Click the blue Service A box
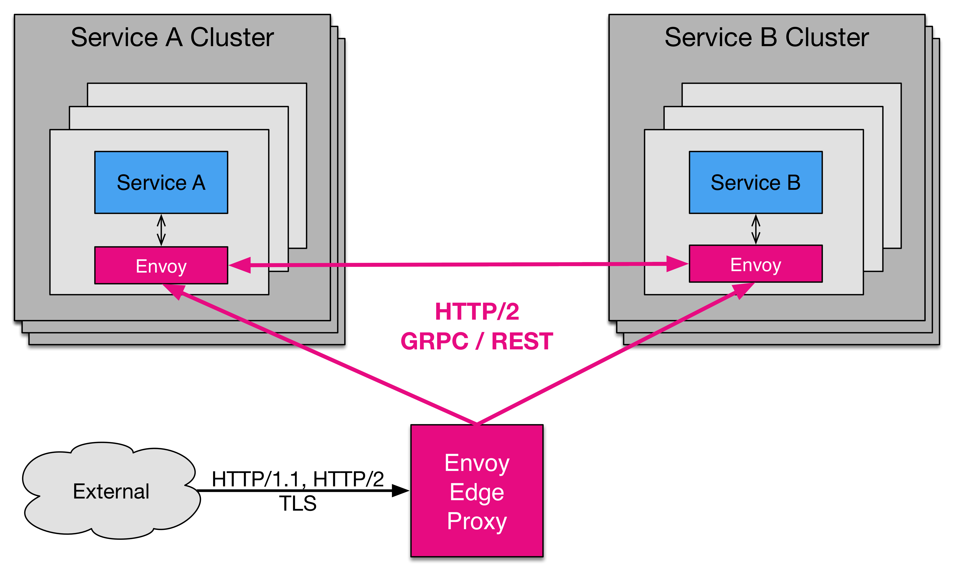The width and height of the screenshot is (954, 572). (161, 182)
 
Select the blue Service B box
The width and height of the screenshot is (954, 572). (755, 182)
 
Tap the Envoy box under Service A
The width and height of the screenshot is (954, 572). (161, 266)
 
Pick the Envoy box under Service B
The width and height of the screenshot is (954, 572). (755, 264)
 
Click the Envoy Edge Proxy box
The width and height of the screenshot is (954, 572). (477, 491)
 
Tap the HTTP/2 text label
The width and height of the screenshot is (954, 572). (477, 311)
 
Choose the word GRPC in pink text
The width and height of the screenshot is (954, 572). (434, 342)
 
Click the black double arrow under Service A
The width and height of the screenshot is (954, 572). (161, 230)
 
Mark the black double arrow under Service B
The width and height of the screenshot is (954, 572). (755, 229)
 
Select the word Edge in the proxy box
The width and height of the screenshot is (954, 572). (477, 492)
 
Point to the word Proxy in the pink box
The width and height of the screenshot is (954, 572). (477, 522)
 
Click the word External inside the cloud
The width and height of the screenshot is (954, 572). (111, 491)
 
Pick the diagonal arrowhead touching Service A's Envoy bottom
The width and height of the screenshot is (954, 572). (175, 291)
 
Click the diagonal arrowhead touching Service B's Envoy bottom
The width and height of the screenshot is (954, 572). (742, 290)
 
